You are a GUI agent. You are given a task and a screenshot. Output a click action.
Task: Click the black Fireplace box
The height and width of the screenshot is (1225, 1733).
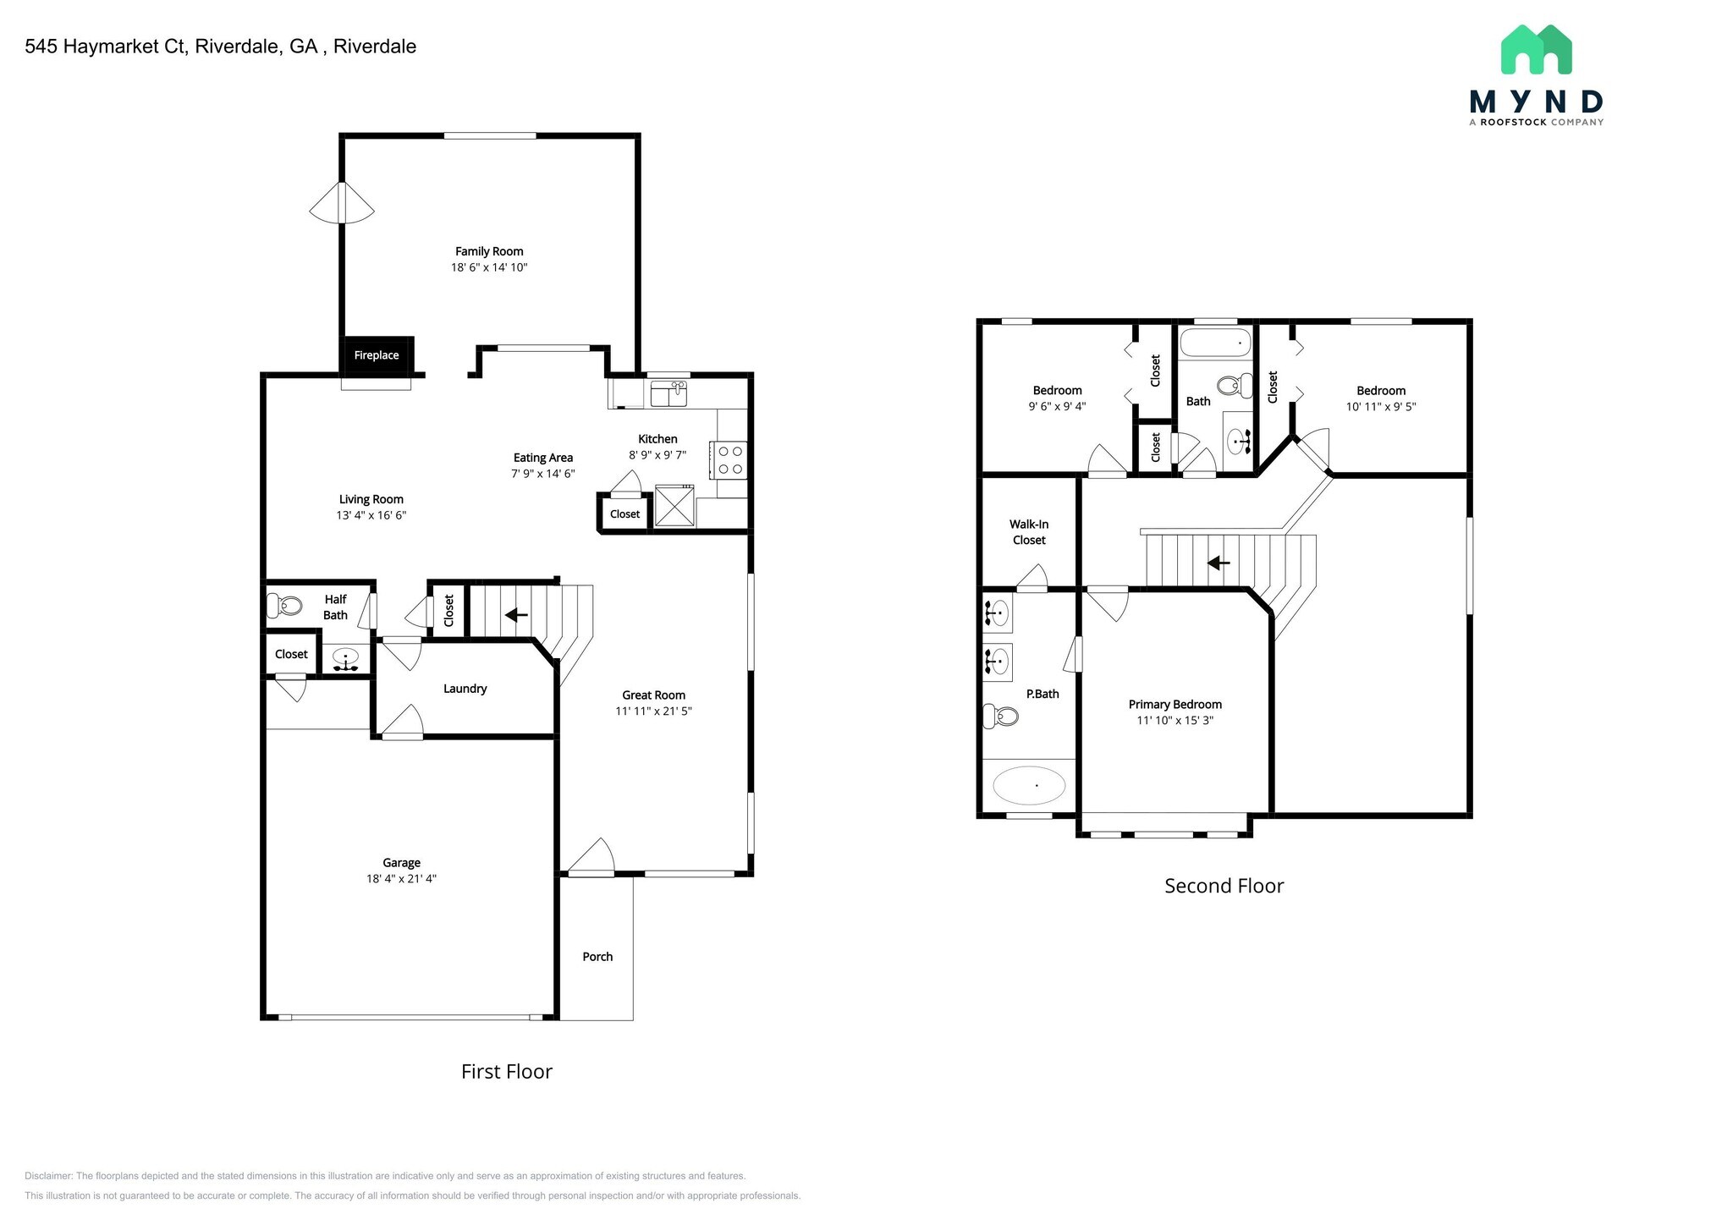377,355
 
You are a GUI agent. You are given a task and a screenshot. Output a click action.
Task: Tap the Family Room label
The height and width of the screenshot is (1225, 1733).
489,251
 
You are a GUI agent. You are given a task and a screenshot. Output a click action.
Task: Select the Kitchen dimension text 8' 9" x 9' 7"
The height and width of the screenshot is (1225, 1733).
657,455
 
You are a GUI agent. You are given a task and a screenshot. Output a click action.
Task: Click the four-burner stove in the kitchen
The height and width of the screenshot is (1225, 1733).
730,460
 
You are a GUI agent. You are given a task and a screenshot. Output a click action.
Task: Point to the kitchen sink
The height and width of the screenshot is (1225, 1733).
668,393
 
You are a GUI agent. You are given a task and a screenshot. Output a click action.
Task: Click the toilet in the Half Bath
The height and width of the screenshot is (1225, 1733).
285,606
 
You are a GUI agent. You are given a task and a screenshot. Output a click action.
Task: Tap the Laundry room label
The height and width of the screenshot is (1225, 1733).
465,689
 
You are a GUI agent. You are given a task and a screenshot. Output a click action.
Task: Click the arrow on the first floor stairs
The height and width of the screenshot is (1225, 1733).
516,615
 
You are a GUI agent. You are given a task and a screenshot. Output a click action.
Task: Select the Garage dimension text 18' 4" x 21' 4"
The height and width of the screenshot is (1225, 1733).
401,879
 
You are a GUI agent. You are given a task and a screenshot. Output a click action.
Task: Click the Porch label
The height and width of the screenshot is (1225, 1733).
597,957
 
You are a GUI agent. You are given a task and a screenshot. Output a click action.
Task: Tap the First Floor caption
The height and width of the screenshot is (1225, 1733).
506,1072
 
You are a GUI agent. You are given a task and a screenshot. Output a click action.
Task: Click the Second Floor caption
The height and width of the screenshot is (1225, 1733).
1224,886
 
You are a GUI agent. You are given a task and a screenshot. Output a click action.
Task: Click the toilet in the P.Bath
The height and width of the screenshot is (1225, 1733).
1000,717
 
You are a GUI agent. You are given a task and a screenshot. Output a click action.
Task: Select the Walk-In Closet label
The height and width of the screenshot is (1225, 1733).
1029,532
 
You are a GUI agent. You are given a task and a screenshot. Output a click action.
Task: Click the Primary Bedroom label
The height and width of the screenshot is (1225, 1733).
1175,705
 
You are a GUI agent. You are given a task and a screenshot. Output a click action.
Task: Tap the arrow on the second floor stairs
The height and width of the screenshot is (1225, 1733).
1218,563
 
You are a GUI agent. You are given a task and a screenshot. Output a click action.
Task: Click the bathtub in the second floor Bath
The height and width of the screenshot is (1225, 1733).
1215,343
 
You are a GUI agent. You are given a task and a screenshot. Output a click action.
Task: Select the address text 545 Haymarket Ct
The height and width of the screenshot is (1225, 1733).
106,47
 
